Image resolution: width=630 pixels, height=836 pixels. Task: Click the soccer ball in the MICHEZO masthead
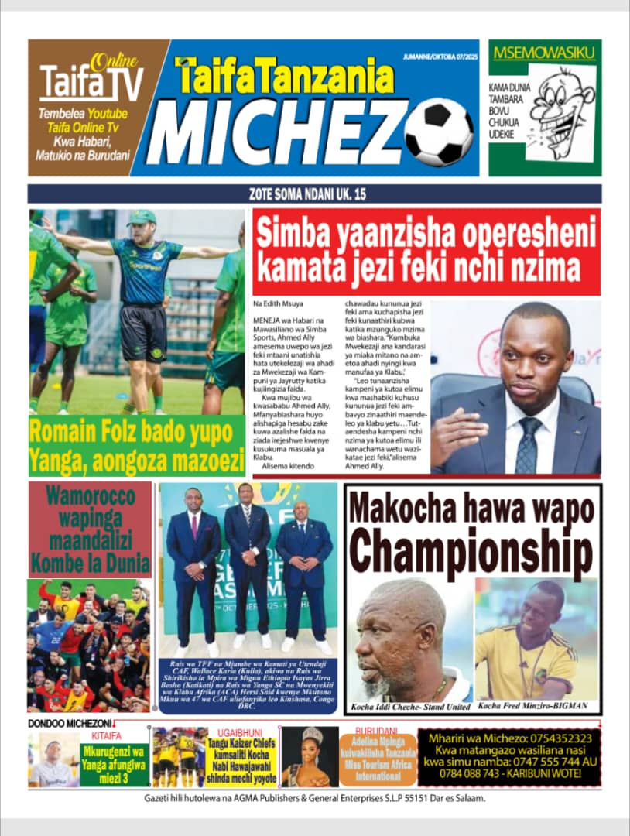(x=438, y=132)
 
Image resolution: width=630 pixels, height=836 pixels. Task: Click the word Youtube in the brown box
(x=106, y=114)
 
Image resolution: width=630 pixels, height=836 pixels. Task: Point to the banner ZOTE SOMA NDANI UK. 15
(x=314, y=194)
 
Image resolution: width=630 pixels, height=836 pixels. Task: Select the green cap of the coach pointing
(x=142, y=218)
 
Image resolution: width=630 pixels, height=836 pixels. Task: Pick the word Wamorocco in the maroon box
(x=90, y=496)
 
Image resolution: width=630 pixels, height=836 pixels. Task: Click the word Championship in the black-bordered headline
(x=472, y=550)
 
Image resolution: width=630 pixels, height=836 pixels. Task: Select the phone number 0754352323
(x=553, y=738)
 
